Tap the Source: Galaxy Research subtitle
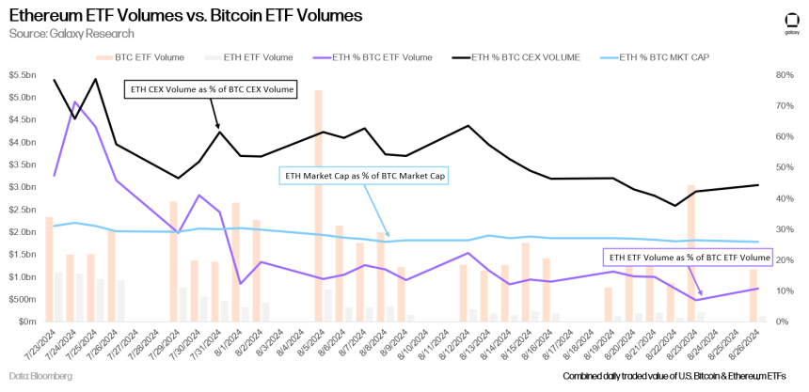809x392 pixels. pos(70,34)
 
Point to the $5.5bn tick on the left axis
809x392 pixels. pos(24,98)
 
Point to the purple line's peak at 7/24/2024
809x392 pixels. pos(74,102)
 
